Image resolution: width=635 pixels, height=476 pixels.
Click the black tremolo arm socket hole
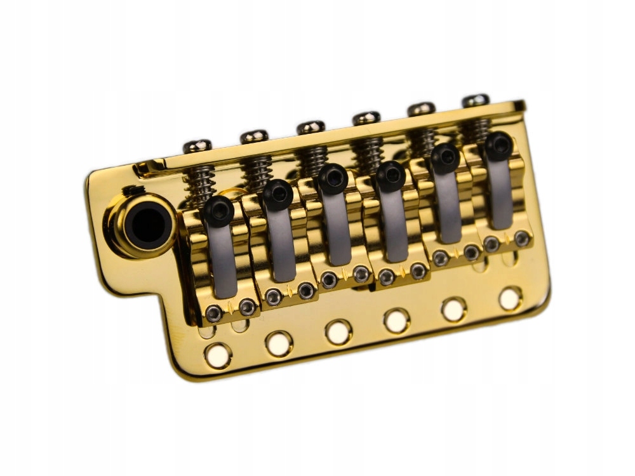tap(141, 223)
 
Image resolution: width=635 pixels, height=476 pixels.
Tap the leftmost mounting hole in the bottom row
tap(218, 355)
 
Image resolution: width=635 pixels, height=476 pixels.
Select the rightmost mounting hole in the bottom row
tap(510, 299)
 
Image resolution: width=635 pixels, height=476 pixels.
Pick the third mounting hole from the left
tap(337, 332)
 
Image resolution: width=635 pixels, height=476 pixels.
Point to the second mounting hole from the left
tap(279, 344)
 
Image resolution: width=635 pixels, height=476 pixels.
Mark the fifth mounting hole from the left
tap(453, 309)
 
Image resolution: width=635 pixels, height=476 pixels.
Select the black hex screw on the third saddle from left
tap(333, 178)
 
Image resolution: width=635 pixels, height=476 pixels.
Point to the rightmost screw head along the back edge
tap(476, 101)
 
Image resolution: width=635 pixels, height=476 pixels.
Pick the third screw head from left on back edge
tap(311, 127)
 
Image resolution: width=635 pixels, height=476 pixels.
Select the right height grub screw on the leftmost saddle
tap(247, 308)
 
